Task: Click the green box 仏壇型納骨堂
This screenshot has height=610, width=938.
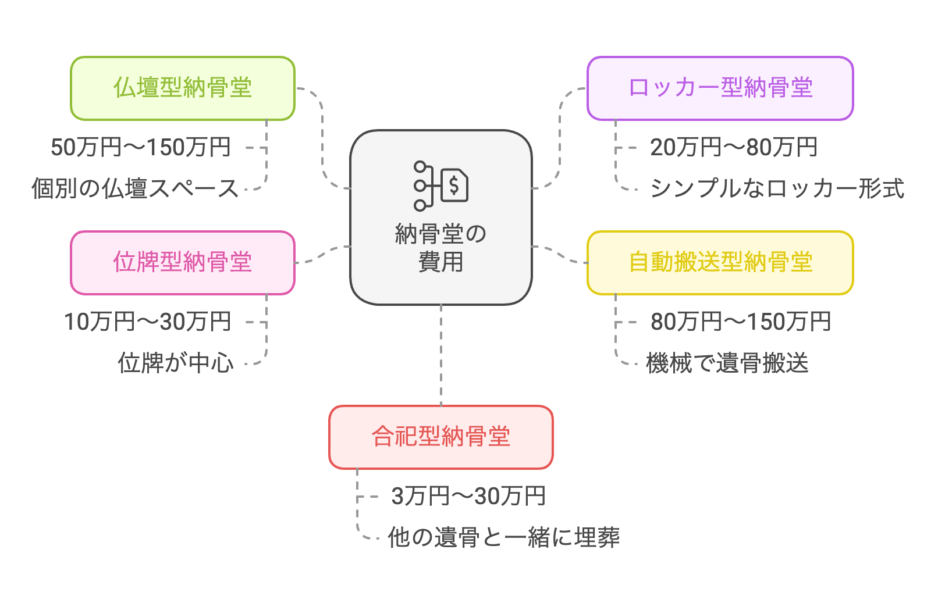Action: pos(183,88)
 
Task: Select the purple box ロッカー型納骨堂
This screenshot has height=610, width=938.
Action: pos(720,88)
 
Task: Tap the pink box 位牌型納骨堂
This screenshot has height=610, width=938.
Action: pos(183,263)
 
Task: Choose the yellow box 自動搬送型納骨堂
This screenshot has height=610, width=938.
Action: pos(720,263)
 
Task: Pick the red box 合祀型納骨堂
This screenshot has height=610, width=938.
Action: pos(440,437)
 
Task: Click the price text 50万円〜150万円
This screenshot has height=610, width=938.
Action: pos(141,148)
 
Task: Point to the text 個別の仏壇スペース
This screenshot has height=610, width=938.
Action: pos(135,189)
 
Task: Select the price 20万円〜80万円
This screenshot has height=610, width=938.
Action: pos(734,148)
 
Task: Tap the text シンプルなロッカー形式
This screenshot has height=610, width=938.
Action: pos(777,189)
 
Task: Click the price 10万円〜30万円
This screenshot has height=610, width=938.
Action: pos(148,322)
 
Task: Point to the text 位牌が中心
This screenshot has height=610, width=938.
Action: pos(176,363)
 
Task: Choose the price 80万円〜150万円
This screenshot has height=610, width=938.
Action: pos(741,322)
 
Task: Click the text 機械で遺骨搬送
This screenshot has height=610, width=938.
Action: pos(727,363)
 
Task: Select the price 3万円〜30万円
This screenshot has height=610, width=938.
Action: pos(468,497)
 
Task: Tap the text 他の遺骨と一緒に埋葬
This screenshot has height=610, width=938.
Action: pos(504,538)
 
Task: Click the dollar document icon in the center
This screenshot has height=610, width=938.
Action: pos(454,186)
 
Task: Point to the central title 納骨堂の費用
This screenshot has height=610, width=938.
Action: pos(440,248)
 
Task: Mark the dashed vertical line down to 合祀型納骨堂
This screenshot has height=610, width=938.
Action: pos(441,355)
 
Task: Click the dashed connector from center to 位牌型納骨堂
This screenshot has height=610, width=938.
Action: pos(324,255)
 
